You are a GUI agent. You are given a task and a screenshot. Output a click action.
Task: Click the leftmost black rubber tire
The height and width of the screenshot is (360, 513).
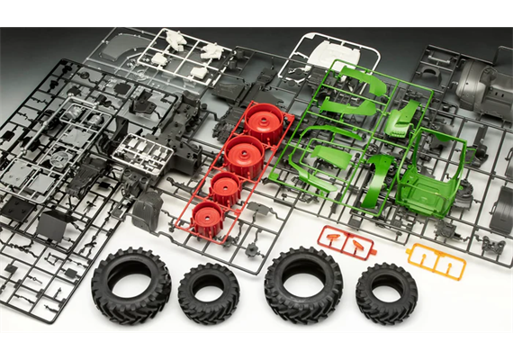coord(130,285)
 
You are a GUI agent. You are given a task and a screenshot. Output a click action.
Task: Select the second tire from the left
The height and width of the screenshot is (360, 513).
coord(208,292)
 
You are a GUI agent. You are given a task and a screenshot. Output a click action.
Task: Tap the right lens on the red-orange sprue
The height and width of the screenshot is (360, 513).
coord(357,245)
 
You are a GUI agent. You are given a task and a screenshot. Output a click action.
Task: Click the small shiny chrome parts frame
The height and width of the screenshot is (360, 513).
coord(141,153)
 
